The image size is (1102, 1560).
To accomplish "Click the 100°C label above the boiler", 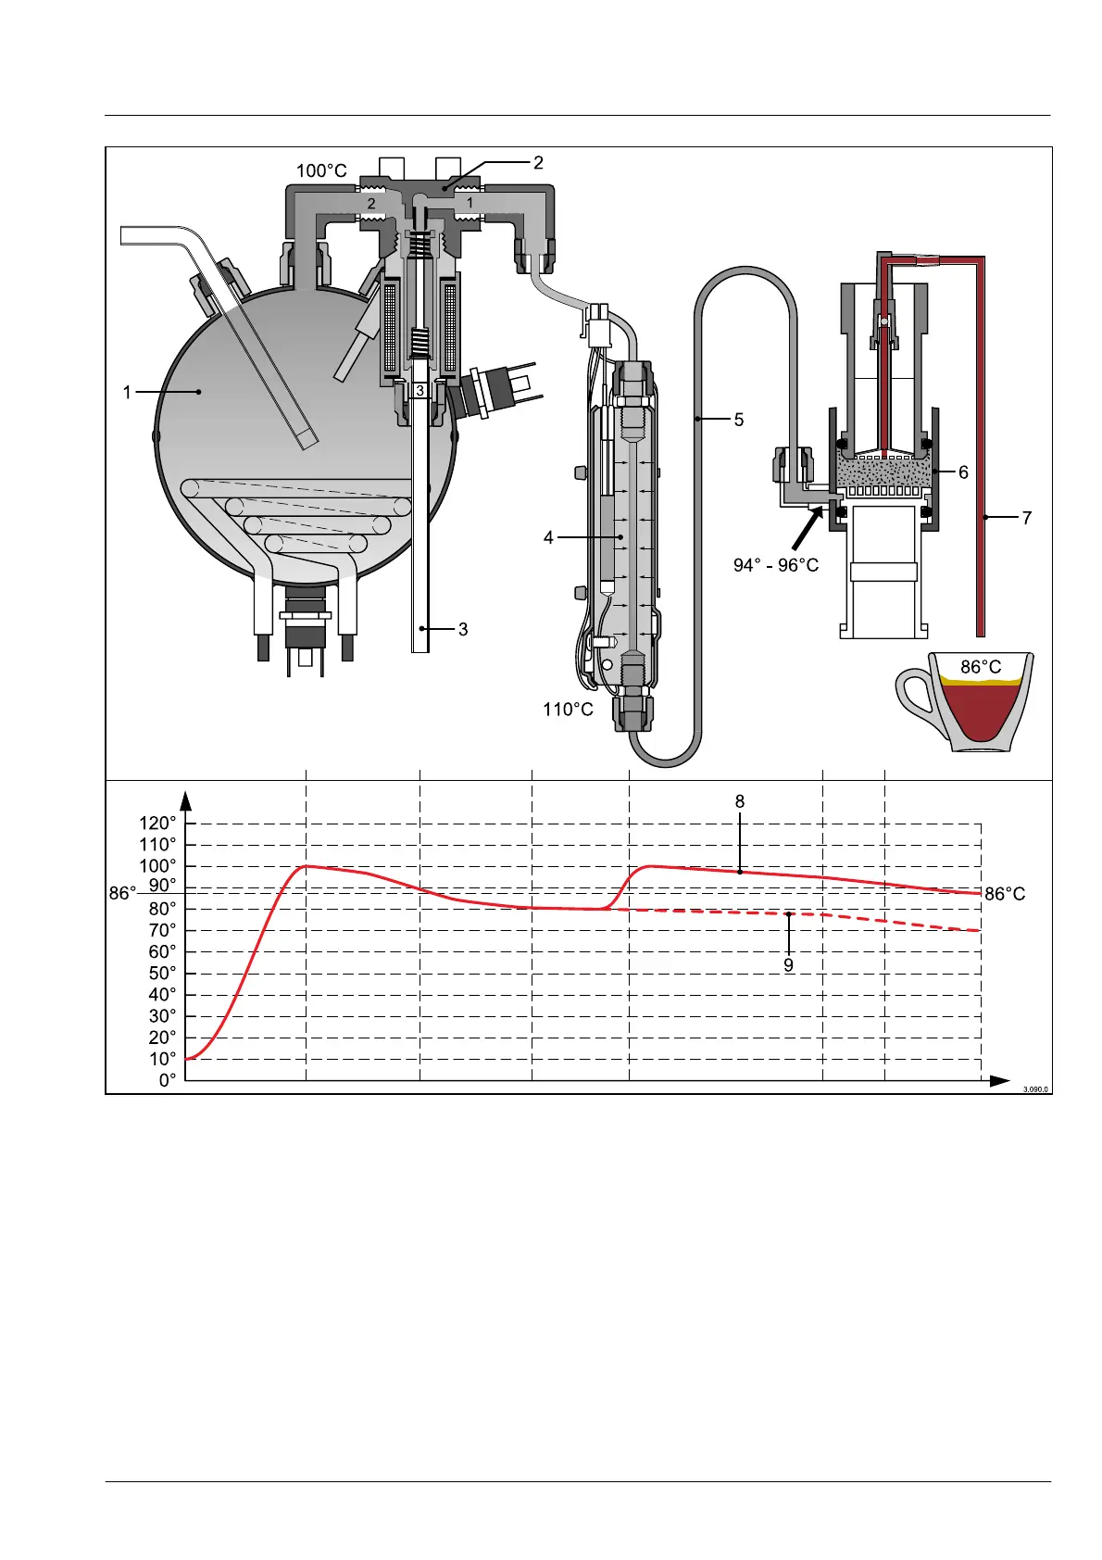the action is click(321, 171).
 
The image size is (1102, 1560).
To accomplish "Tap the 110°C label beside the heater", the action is click(568, 710).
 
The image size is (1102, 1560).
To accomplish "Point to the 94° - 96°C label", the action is click(776, 565).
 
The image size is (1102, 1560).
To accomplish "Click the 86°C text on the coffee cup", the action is click(981, 667).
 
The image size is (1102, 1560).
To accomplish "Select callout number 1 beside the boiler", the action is click(128, 393).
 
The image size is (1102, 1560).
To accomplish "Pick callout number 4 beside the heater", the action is click(548, 537).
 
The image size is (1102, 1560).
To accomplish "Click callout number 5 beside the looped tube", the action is click(739, 420).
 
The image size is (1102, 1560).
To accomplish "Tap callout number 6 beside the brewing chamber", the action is click(963, 472).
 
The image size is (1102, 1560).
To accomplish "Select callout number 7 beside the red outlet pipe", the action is click(1027, 519).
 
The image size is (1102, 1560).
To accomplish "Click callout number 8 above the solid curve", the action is click(740, 801).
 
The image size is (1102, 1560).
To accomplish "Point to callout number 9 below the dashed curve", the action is click(788, 964).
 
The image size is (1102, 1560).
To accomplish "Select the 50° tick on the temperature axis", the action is click(161, 974).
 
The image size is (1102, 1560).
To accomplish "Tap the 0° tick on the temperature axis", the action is click(167, 1080).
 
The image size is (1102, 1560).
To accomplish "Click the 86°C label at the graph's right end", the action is click(1005, 894).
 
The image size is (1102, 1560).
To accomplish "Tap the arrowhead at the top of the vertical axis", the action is click(186, 799).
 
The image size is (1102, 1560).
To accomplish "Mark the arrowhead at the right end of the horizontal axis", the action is click(999, 1081).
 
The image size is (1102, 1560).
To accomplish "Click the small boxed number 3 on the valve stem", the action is click(420, 391).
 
